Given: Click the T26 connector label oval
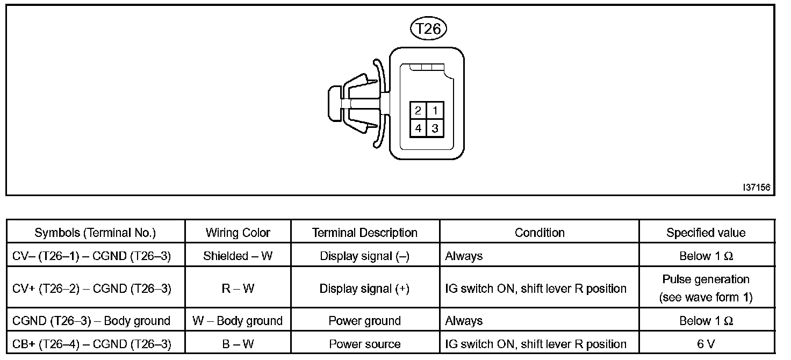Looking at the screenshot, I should (x=428, y=29).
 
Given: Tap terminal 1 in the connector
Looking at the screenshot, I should (x=435, y=111).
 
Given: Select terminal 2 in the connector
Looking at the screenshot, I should (x=418, y=111).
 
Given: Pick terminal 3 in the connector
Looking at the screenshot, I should (x=435, y=128).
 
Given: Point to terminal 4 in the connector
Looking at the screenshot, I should (x=418, y=128).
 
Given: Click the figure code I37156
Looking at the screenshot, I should (x=757, y=188).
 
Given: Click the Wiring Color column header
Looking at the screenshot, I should (x=238, y=233).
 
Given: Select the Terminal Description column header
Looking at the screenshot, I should (x=364, y=233).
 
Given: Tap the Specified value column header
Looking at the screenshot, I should (x=706, y=233).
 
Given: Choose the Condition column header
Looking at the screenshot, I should (x=539, y=233).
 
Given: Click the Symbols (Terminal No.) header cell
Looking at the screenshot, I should (x=95, y=233).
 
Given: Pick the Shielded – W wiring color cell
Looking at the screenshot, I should (x=238, y=256).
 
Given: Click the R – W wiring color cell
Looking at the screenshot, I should (x=238, y=289).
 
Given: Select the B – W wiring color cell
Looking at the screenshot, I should (x=238, y=344).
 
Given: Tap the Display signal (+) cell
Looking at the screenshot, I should (x=364, y=289).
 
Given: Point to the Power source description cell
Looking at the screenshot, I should (x=364, y=344).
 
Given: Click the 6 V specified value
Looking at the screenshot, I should (x=706, y=344).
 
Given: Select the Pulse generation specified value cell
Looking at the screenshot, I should (x=706, y=289).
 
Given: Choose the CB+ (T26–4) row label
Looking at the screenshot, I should (x=91, y=344).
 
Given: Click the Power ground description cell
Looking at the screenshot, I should (x=364, y=321).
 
